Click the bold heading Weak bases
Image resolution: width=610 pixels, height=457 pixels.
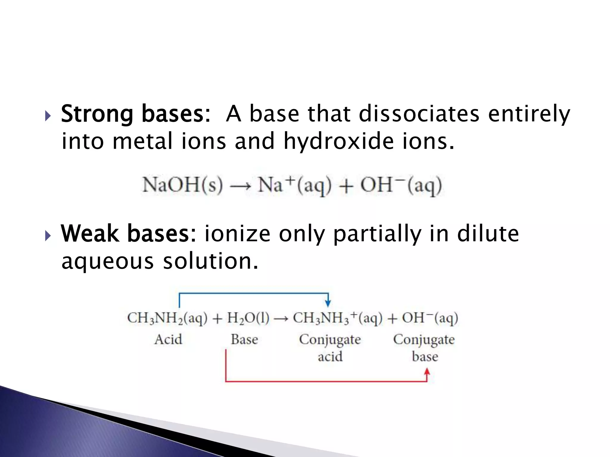pos(128,234)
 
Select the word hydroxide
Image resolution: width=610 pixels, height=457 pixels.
pos(338,141)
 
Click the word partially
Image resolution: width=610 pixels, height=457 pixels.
pos(377,234)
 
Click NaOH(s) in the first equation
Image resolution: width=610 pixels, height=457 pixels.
pos(182,185)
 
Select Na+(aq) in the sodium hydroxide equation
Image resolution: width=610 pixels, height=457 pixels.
pos(294,185)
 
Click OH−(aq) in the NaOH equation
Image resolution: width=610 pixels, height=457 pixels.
pos(401,185)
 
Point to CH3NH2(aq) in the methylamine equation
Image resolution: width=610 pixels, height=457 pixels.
pos(167,318)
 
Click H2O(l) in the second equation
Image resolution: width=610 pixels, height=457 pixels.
pos(248,318)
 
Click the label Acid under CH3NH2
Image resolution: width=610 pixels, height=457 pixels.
pos(168,339)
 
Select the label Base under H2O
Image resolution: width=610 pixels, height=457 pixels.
pos(244,339)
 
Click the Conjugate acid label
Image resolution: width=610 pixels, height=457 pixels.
pos(330,348)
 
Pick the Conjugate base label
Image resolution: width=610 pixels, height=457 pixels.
pos(424,348)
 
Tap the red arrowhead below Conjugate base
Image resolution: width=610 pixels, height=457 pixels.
pos(427,372)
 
